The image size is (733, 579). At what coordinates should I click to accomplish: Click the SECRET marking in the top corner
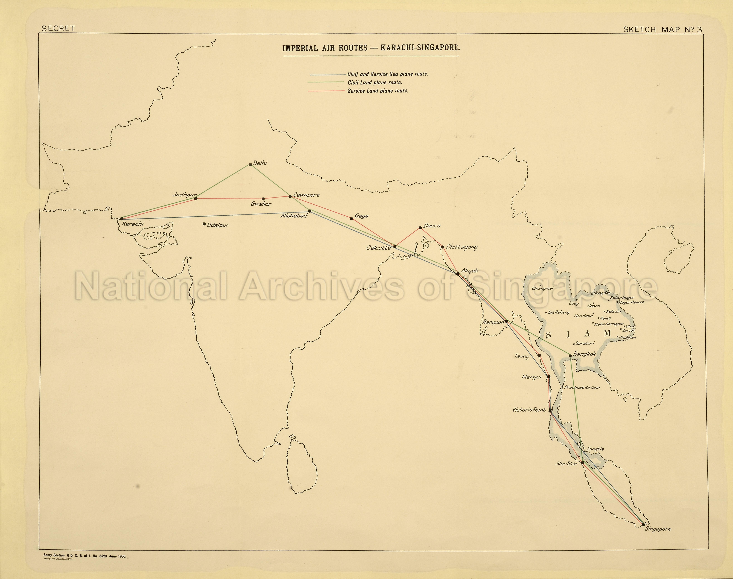tap(58, 29)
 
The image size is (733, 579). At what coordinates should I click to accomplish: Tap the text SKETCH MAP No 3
tap(662, 29)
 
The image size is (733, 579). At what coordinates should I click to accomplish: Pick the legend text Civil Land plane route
tap(375, 82)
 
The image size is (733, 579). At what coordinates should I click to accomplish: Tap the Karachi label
tap(133, 224)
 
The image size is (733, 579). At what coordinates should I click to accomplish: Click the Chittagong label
tap(461, 247)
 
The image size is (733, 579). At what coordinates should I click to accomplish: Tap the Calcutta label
tap(378, 248)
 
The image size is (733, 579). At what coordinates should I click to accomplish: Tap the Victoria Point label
tap(529, 410)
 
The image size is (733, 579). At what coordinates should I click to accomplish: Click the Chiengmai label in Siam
tap(542, 288)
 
